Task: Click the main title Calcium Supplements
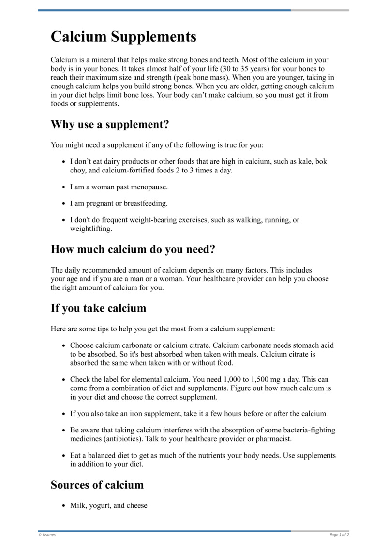click(123, 37)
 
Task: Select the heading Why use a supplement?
click(110, 124)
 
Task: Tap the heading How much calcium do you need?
click(133, 249)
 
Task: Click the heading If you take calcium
click(98, 308)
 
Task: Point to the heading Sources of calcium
click(97, 485)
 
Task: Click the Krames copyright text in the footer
click(47, 535)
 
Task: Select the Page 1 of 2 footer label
click(339, 535)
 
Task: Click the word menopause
click(149, 187)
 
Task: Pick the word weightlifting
click(90, 229)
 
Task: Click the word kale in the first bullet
click(299, 162)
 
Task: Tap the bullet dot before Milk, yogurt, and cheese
click(64, 506)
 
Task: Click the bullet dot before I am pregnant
click(64, 203)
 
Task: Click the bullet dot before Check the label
click(64, 380)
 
